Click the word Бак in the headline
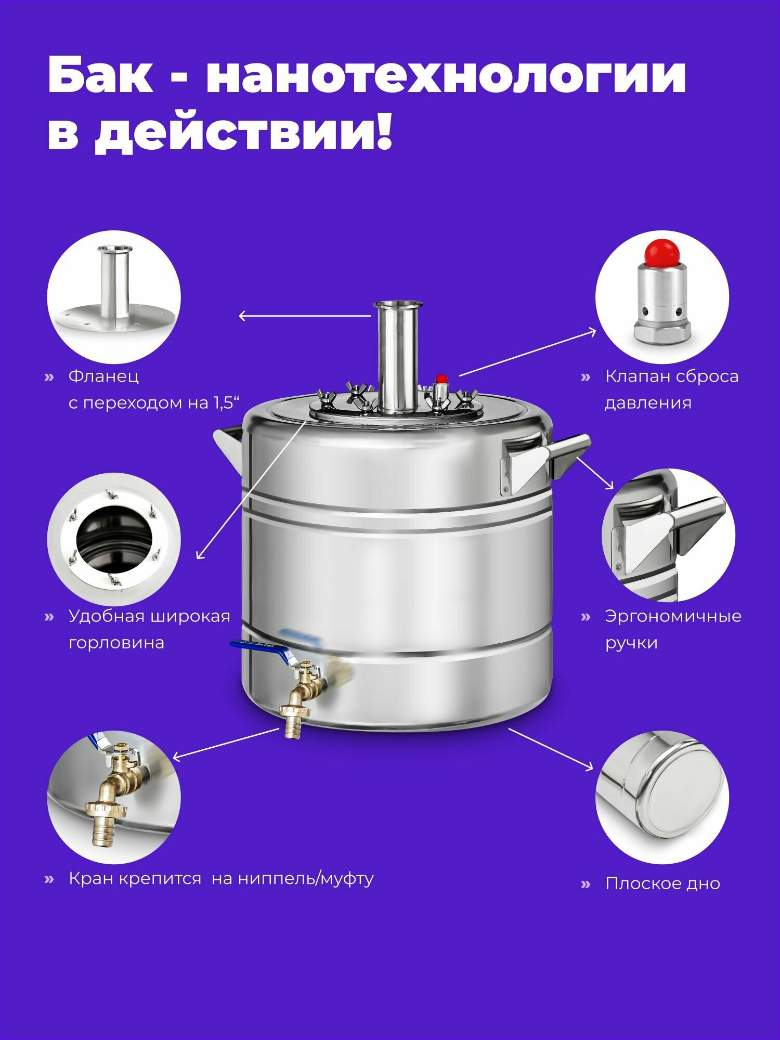coord(100,76)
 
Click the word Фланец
coord(103,376)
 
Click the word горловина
coord(116,643)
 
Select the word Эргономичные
coord(673,617)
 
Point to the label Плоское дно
coord(662,883)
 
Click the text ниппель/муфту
coord(306,879)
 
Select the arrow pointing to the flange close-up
coord(305,316)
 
